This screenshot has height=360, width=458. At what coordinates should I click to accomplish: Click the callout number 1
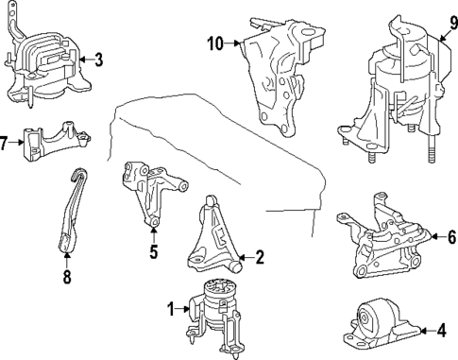pyautogui.click(x=171, y=309)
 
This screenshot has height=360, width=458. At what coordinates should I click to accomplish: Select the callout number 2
pyautogui.click(x=260, y=257)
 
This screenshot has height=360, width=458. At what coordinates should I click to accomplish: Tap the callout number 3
pyautogui.click(x=99, y=60)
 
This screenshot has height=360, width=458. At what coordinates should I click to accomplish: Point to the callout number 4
pyautogui.click(x=442, y=331)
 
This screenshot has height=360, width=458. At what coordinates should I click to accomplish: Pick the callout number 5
pyautogui.click(x=153, y=251)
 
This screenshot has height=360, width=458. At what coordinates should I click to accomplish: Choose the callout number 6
pyautogui.click(x=451, y=237)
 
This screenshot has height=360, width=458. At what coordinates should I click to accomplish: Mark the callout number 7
pyautogui.click(x=3, y=143)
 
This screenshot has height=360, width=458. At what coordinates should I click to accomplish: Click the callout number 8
pyautogui.click(x=67, y=277)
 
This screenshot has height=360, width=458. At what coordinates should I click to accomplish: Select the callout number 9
pyautogui.click(x=453, y=23)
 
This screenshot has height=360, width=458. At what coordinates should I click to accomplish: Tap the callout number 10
pyautogui.click(x=215, y=43)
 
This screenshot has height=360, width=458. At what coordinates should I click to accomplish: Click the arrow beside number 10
pyautogui.click(x=232, y=43)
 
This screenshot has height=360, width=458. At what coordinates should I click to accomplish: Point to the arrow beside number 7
pyautogui.click(x=16, y=143)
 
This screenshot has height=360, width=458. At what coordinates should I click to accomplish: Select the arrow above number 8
pyautogui.click(x=67, y=261)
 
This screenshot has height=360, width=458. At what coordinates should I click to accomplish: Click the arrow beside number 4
pyautogui.click(x=428, y=331)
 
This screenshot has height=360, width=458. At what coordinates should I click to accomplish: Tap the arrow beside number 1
pyautogui.click(x=182, y=309)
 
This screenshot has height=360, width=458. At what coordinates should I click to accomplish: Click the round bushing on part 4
pyautogui.click(x=365, y=318)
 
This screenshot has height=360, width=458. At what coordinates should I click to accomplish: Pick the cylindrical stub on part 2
pyautogui.click(x=236, y=267)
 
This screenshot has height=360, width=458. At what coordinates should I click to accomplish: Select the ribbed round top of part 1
pyautogui.click(x=219, y=288)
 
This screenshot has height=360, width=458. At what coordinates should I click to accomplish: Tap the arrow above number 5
pyautogui.click(x=153, y=234)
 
